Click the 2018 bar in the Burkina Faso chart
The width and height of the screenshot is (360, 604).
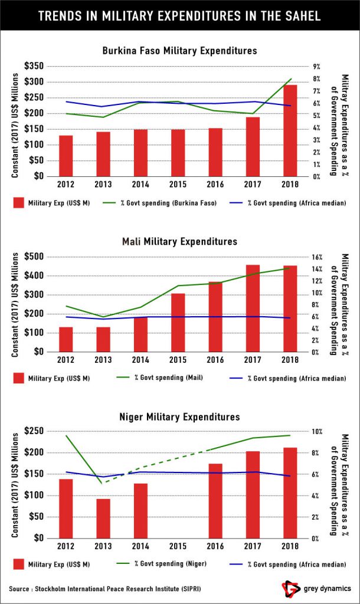pos(289,130)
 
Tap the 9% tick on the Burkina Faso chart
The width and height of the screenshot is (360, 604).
pos(316,67)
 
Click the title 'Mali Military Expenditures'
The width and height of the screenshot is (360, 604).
pos(179,241)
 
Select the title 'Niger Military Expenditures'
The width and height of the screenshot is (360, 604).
pos(179,416)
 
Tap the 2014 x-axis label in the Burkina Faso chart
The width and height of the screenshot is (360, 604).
pos(140,185)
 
